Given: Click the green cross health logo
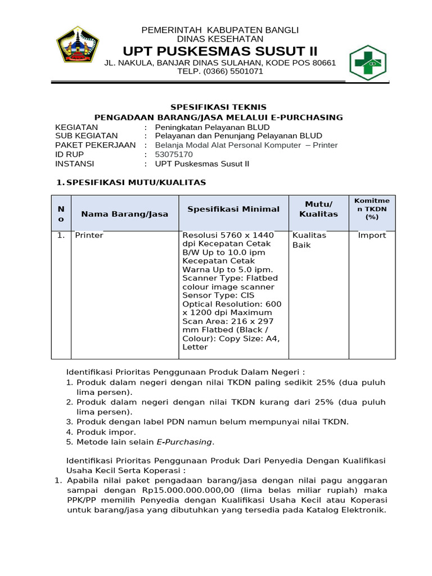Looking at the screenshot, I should pos(369,62).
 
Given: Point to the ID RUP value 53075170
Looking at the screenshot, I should pos(174,154).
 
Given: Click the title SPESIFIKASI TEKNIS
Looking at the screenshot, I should pos(218,107).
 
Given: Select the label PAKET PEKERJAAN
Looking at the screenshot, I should pos(95,145).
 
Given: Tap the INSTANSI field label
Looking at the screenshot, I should pos(75,164).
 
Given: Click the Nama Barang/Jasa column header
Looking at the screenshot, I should pos(124,214).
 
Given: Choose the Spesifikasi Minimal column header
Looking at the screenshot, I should pos(233,209).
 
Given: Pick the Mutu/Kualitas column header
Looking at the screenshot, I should pos(318,209).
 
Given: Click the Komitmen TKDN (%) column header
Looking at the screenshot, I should pos(372,209).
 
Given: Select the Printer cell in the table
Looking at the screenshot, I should pos(89,235).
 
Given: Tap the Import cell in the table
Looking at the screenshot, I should pos(372,235).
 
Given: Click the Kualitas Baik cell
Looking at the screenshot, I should pos(309,240).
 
